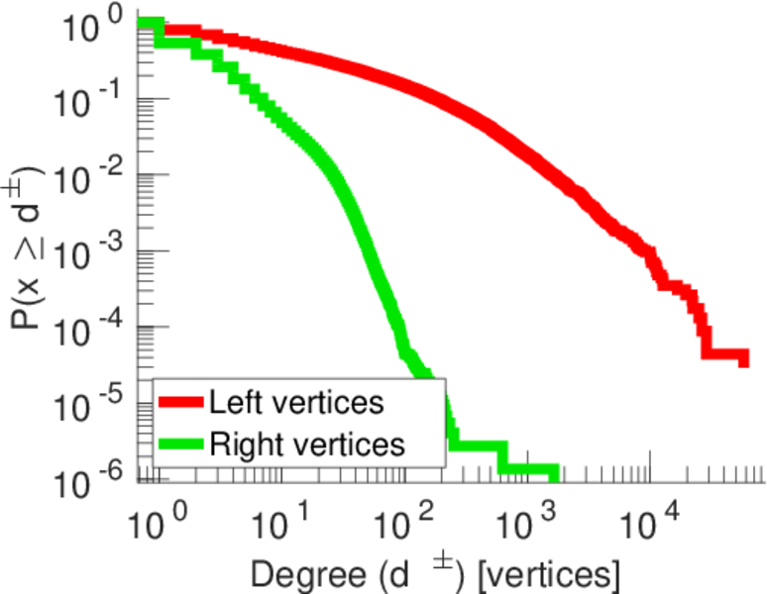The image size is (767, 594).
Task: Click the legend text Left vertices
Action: click(296, 403)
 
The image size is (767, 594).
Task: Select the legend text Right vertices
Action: click(306, 443)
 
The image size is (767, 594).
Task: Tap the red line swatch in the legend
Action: click(181, 403)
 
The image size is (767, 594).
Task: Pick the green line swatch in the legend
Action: click(181, 443)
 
